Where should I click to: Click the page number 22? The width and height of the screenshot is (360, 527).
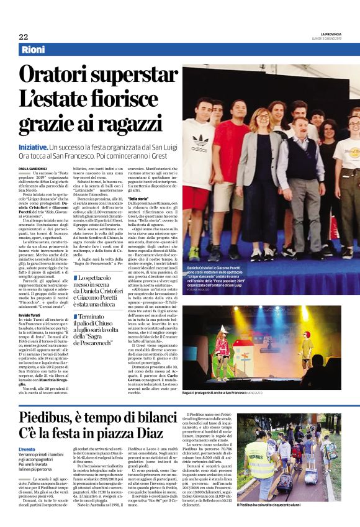click(x=23, y=37)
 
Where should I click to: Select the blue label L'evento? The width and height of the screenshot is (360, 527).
click(x=27, y=449)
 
